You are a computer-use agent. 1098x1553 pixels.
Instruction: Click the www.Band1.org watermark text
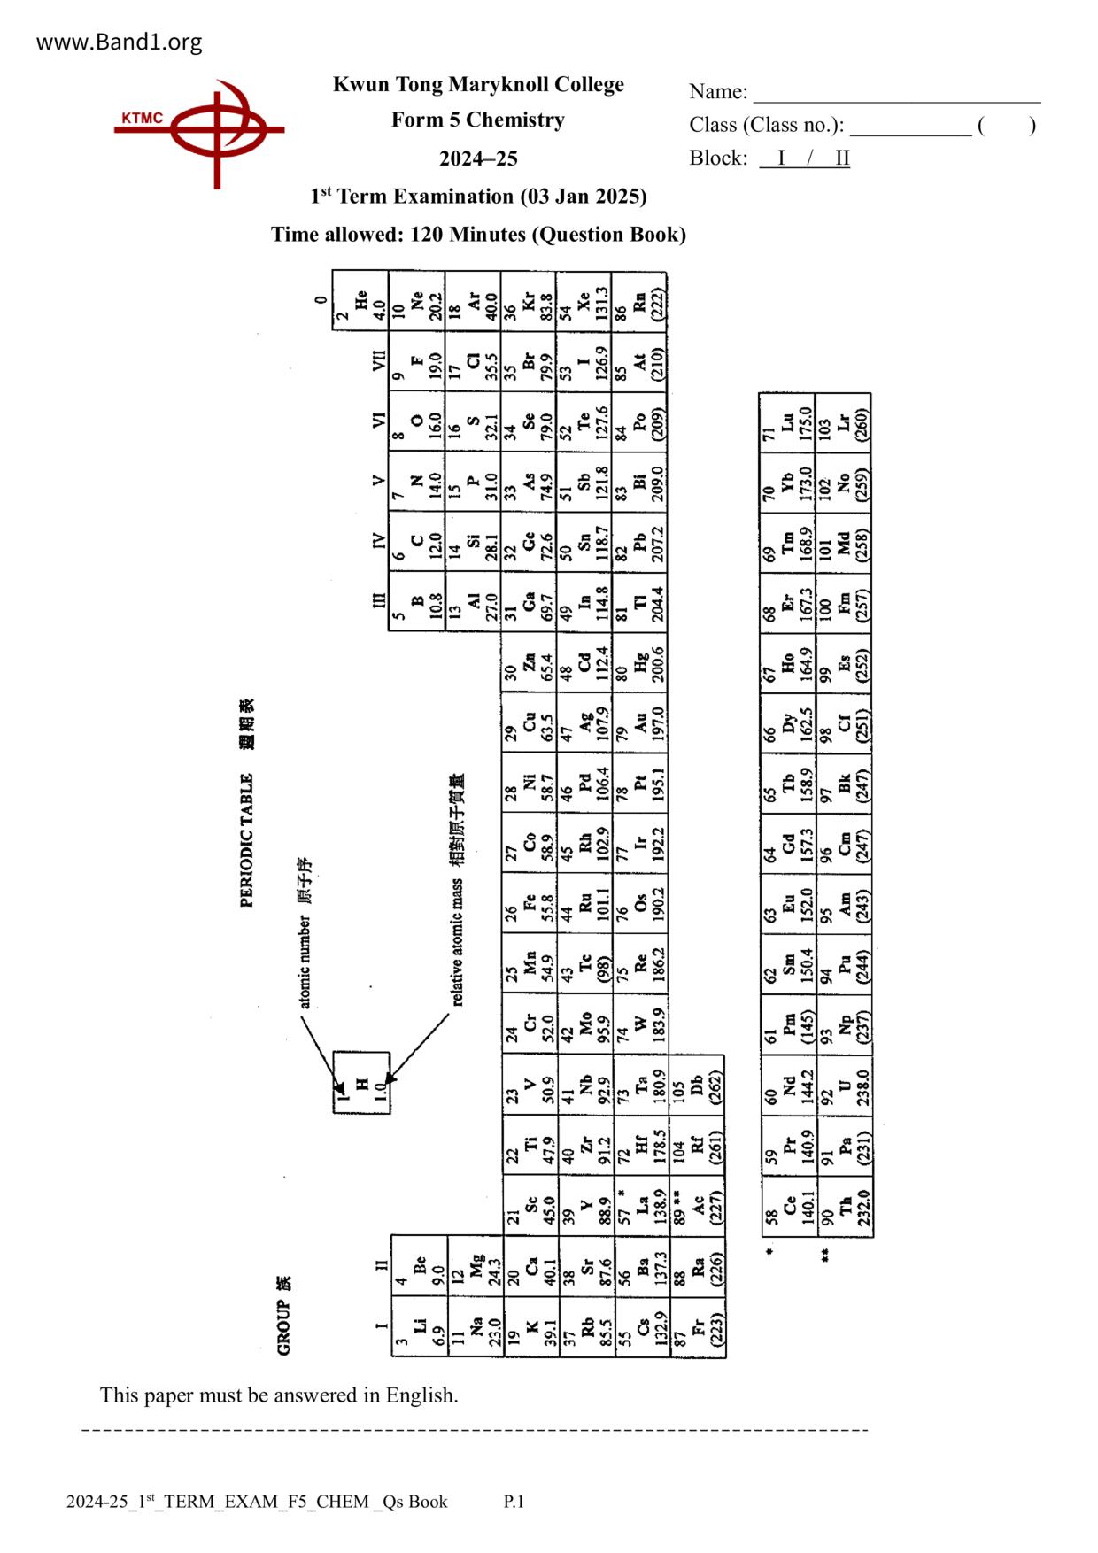(119, 42)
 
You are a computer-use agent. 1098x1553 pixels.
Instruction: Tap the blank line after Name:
(896, 94)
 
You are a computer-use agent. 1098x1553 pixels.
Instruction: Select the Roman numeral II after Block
(841, 158)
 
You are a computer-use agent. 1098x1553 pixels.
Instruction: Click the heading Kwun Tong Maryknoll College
(478, 84)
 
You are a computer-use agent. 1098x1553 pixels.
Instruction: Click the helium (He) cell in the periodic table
(360, 301)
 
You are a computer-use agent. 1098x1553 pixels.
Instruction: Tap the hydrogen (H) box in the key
(361, 1082)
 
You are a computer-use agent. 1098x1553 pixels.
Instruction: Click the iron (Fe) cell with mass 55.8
(530, 903)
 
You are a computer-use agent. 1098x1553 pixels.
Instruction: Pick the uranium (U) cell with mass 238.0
(845, 1086)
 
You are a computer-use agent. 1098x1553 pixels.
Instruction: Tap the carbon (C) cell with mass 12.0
(417, 542)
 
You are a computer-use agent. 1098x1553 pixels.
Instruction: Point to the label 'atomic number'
(305, 961)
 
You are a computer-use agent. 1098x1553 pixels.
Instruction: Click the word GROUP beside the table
(283, 1327)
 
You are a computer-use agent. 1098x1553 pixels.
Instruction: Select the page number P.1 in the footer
(514, 1502)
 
